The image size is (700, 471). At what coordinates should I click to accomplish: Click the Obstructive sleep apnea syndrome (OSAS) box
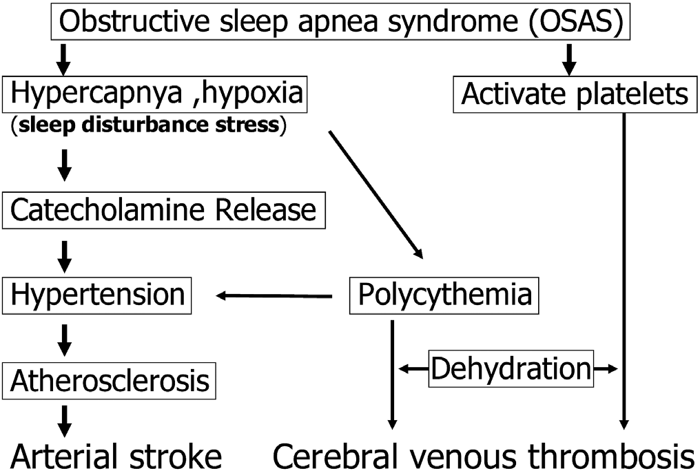point(342,23)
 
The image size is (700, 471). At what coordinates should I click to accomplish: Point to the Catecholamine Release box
point(163,209)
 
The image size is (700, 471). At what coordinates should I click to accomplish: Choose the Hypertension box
point(97,295)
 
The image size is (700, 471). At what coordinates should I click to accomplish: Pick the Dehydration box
point(511,370)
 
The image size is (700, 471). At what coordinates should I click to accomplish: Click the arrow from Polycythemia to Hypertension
point(274,296)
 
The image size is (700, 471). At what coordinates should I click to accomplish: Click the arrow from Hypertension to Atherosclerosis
point(64,337)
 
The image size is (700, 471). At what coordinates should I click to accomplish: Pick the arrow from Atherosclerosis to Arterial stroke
point(64,419)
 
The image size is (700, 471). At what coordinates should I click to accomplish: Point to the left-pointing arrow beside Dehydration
point(413,370)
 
